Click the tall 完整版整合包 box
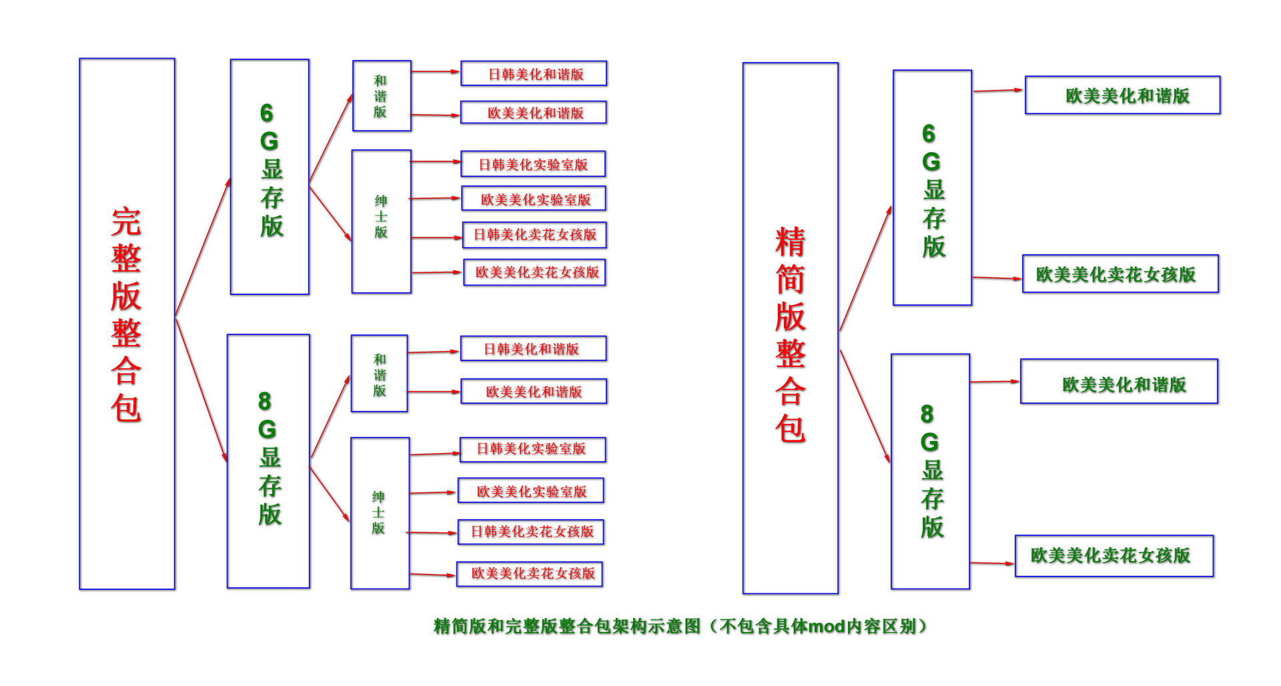coord(127,324)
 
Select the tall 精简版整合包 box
coord(790,328)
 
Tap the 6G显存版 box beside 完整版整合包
coord(270,177)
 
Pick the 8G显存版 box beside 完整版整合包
coord(268,461)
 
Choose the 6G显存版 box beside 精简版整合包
coord(932,188)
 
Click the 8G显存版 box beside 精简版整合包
coord(930,471)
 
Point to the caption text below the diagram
coord(680,626)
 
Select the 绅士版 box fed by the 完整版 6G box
coord(381,221)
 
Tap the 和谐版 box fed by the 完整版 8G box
coord(379,373)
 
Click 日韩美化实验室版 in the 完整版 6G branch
coord(533,164)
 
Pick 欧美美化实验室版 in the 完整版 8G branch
coord(531,490)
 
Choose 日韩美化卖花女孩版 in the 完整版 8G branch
coord(531,532)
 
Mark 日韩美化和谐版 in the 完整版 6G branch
coord(534,73)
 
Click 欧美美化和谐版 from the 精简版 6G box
coord(1122,95)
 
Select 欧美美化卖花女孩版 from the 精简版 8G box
coord(1114,556)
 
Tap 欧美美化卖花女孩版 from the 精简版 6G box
coord(1120,274)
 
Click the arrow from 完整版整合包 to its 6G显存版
coord(203,247)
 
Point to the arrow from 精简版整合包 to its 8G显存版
coord(865,407)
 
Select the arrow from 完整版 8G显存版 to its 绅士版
coord(330,494)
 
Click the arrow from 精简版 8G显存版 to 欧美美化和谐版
coord(994,382)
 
